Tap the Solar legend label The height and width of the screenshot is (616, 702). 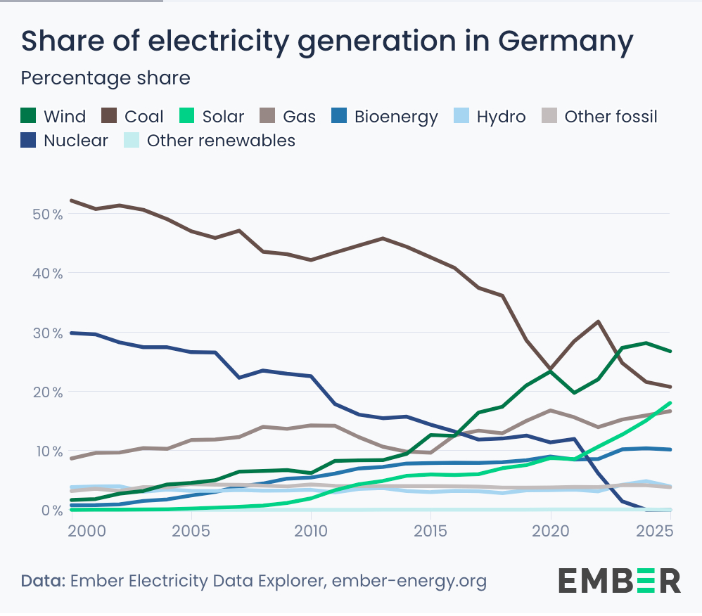[223, 116]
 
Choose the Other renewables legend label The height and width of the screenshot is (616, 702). [221, 140]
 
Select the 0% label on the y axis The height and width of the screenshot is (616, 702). [51, 510]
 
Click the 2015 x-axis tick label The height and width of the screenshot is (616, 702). [430, 530]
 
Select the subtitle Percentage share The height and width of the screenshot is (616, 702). [106, 77]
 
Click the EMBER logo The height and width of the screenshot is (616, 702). [620, 580]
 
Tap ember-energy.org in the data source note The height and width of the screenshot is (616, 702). [409, 582]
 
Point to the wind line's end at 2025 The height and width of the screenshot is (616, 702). [670, 351]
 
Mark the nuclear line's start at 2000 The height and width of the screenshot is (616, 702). [71, 333]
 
